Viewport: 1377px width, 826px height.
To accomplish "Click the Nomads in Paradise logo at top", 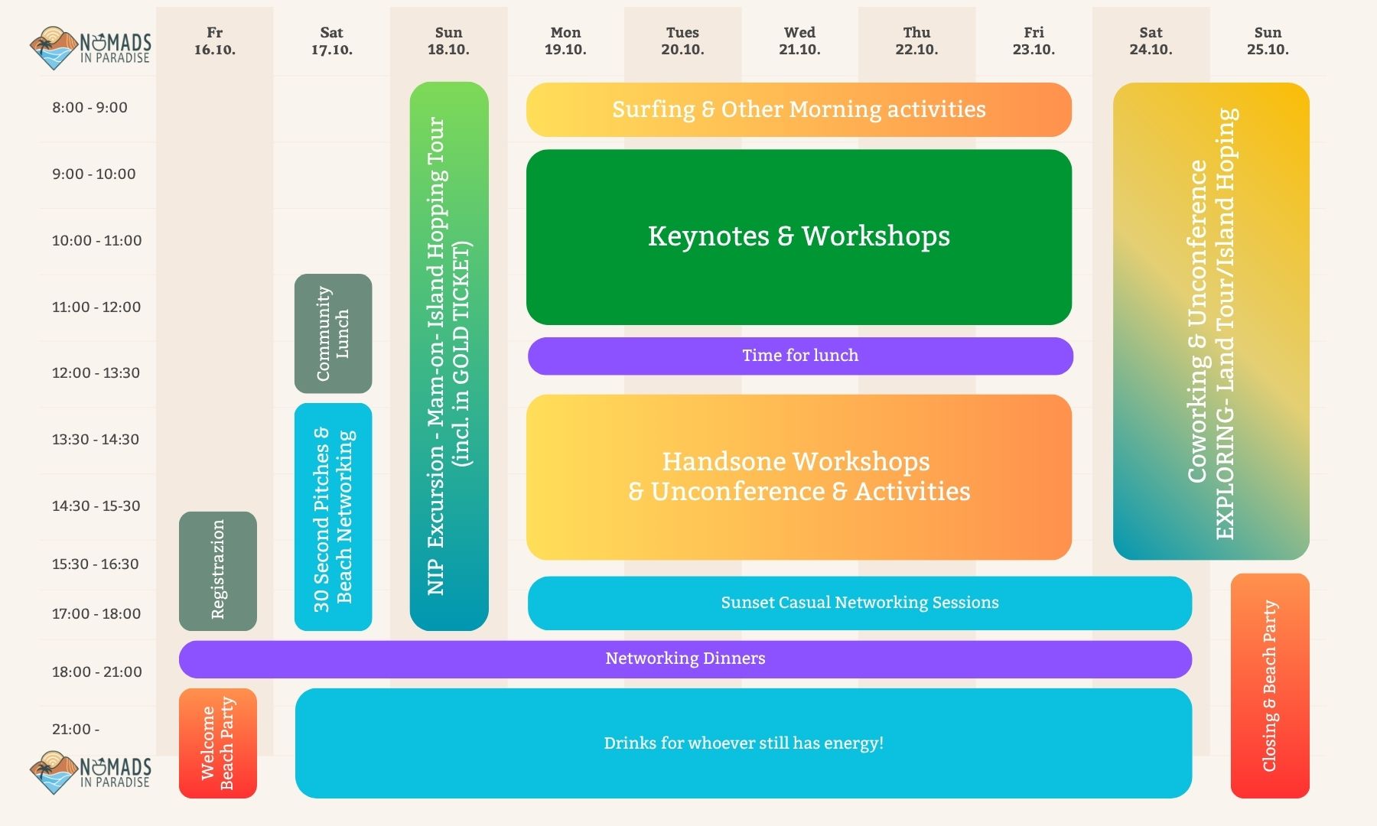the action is [x=90, y=48].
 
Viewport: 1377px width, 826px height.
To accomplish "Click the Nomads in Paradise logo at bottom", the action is [x=90, y=772].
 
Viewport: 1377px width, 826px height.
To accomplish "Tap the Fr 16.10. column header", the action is [x=215, y=41].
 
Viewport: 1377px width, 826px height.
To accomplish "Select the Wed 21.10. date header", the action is [x=799, y=41].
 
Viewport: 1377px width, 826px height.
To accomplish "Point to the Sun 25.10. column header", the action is [x=1268, y=41].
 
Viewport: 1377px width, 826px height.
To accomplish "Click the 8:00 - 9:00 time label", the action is [x=90, y=108].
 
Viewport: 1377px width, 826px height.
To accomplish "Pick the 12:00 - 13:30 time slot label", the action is [x=96, y=373].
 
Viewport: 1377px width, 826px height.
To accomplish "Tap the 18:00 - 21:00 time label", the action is [x=96, y=672].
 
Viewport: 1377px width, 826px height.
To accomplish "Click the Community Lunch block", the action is [x=333, y=333].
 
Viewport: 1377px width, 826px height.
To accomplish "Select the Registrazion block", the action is [x=218, y=571].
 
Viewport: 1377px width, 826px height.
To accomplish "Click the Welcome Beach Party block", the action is [x=218, y=743].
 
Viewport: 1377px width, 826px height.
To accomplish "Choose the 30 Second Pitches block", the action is [x=333, y=517].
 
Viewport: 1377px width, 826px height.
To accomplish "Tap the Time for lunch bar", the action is [x=800, y=356].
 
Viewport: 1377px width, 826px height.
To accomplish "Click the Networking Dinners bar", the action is [x=685, y=659].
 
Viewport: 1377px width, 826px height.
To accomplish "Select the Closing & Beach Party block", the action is [x=1270, y=686].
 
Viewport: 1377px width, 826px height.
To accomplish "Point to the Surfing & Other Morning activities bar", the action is [x=799, y=109].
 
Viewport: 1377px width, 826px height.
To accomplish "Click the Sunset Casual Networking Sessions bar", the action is [x=860, y=603].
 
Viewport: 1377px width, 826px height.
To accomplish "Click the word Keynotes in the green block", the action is [x=708, y=236].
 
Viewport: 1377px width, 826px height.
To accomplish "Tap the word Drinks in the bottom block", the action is [x=625, y=743].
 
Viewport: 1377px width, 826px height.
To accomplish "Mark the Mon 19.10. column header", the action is [x=565, y=41].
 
